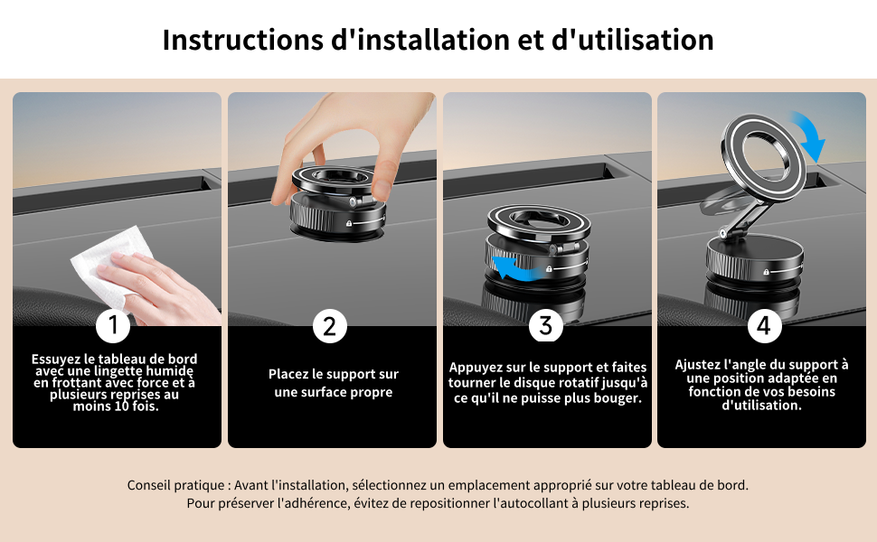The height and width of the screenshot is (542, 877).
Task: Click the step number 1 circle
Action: pyautogui.click(x=113, y=325)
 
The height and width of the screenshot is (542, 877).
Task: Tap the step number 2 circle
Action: pyautogui.click(x=329, y=326)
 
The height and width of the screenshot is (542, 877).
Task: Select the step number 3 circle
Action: pyautogui.click(x=546, y=325)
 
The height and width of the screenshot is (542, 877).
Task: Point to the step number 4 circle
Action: pyautogui.click(x=764, y=325)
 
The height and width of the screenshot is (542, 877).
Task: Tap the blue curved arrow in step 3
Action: pyautogui.click(x=515, y=268)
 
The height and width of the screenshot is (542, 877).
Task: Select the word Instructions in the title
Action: pyautogui.click(x=242, y=41)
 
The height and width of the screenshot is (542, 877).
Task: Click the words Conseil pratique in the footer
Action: pyautogui.click(x=175, y=485)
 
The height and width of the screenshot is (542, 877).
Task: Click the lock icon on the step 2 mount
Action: pyautogui.click(x=349, y=223)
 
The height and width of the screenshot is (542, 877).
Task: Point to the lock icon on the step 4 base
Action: pyautogui.click(x=767, y=272)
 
